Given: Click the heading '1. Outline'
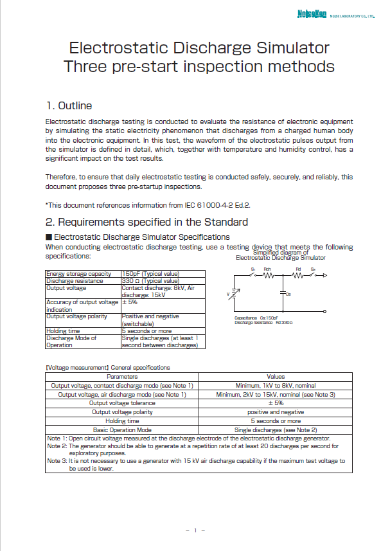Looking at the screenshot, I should (x=69, y=105).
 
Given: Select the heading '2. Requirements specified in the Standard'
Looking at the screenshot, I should (x=146, y=222).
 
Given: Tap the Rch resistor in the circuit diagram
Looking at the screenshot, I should (x=268, y=275).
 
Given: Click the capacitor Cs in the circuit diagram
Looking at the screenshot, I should (x=283, y=292).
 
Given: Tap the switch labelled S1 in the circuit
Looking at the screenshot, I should (x=254, y=275).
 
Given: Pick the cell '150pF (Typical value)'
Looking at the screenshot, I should (x=150, y=274).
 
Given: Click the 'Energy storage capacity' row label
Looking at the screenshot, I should (x=75, y=274).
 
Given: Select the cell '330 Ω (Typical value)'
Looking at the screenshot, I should (x=150, y=281).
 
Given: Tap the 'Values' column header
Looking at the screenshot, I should (x=276, y=377).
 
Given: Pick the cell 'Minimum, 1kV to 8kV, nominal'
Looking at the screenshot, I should (x=276, y=386).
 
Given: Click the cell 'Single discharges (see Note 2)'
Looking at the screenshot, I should (x=276, y=429).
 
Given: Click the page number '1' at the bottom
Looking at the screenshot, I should (x=195, y=530).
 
